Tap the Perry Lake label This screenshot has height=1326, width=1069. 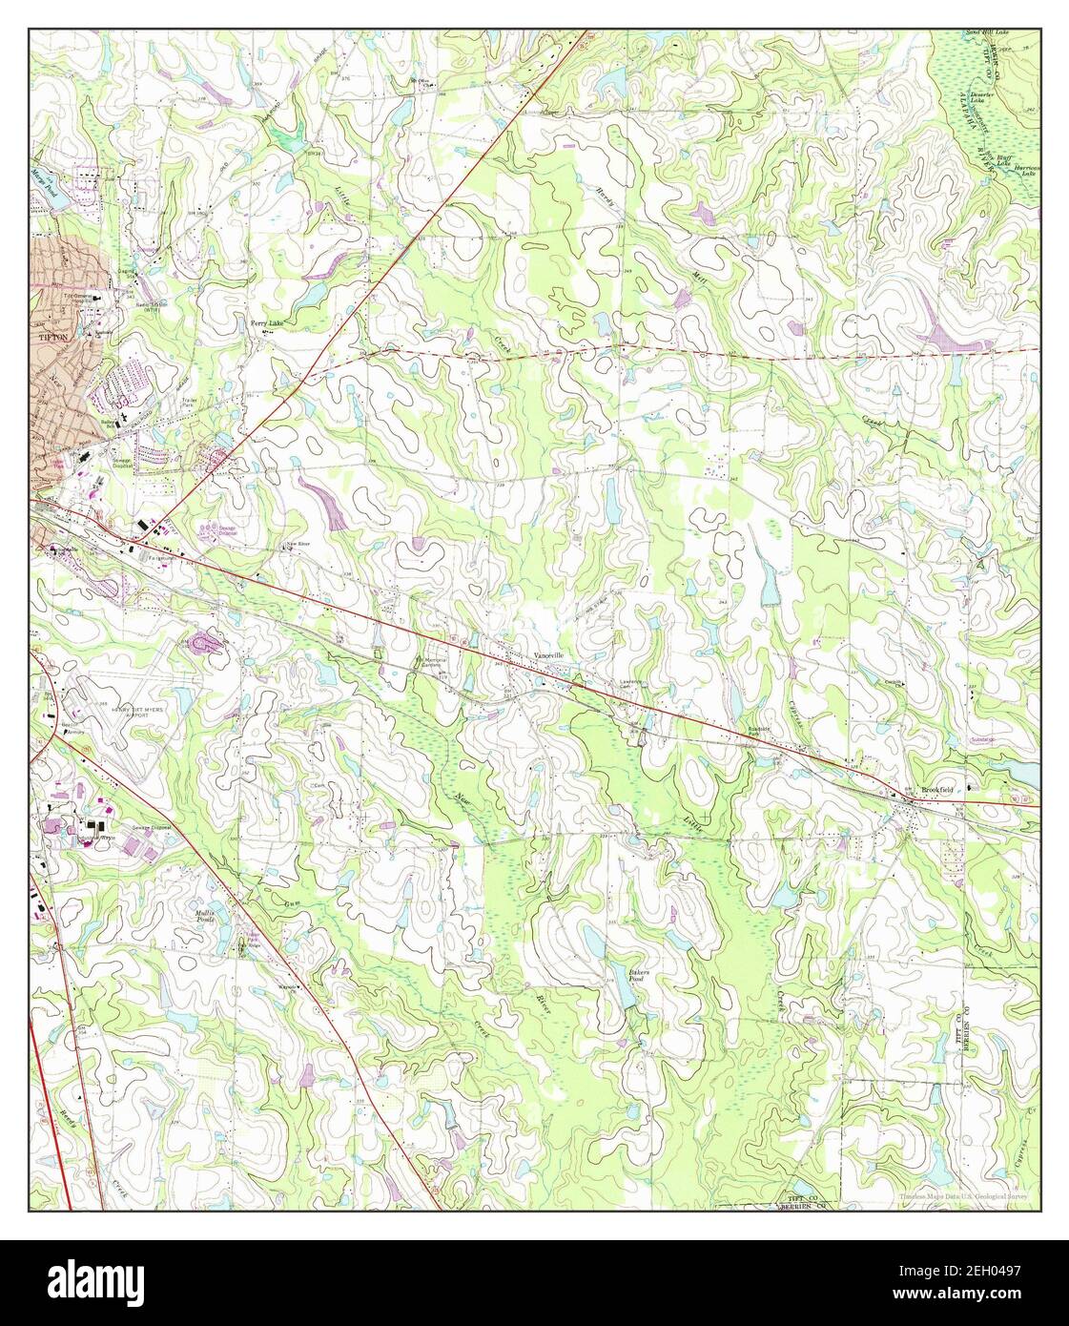point(267,323)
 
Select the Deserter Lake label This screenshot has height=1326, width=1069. point(982,97)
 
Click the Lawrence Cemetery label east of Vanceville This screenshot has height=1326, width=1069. point(627,684)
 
